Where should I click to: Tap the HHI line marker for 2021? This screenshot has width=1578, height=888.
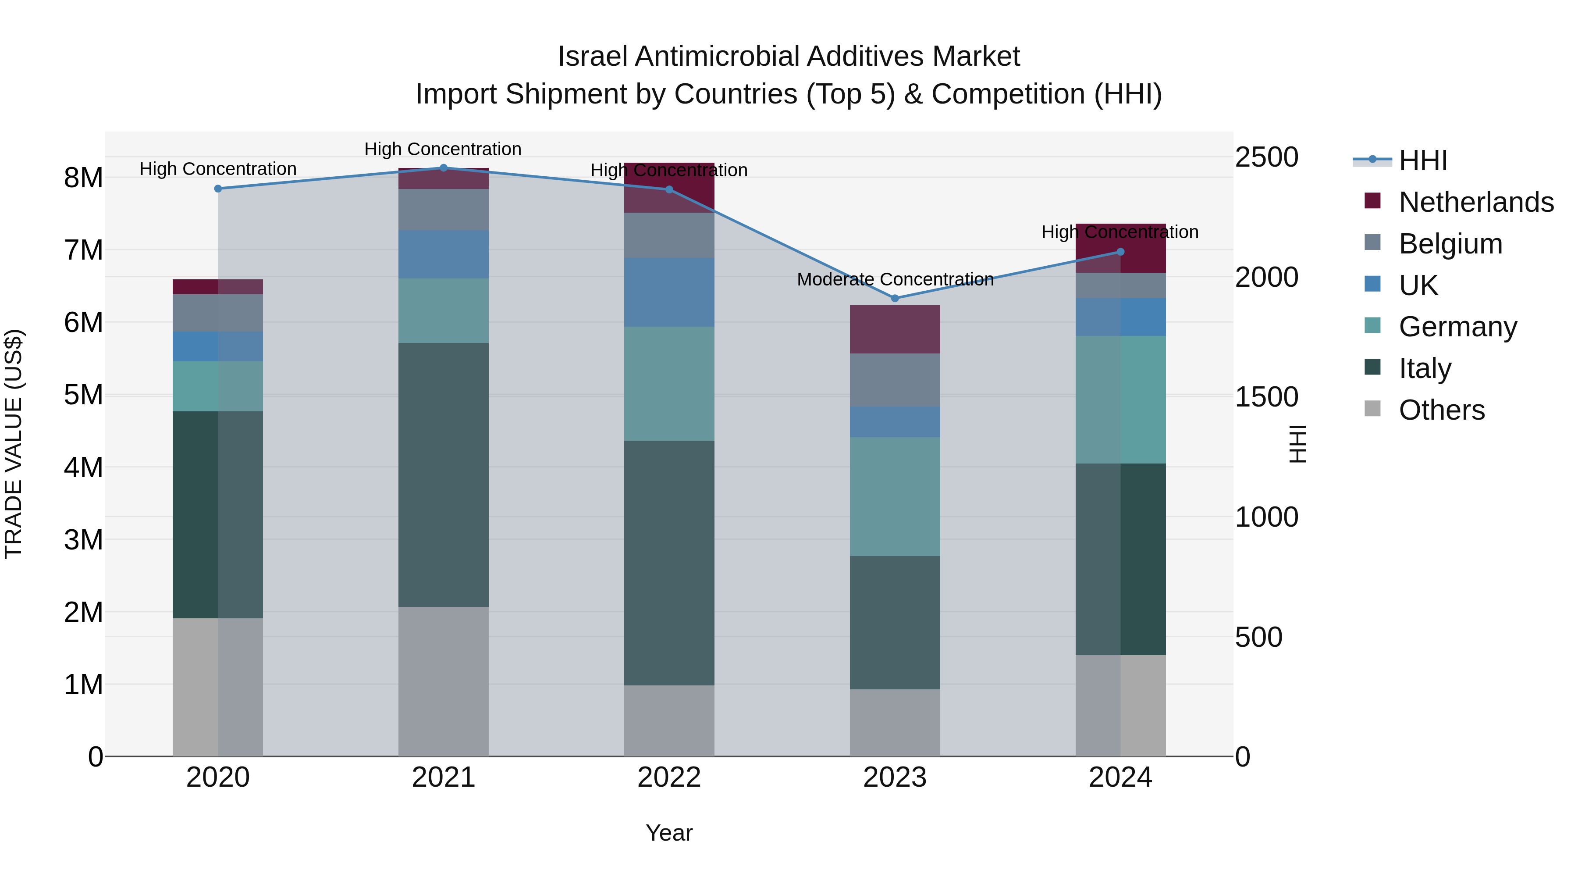[444, 168]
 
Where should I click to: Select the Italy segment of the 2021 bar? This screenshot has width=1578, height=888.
[444, 475]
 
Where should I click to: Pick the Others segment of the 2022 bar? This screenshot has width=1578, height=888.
[669, 720]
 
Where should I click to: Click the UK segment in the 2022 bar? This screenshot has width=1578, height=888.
[669, 292]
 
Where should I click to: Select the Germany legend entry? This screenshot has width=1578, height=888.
[1457, 327]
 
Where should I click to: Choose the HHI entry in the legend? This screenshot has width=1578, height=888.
[1422, 160]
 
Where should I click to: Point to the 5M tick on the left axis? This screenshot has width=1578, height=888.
[83, 395]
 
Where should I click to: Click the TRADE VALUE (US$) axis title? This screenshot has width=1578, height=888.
[14, 444]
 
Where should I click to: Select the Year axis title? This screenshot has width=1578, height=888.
[669, 833]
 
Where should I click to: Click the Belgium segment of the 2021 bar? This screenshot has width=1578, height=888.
[444, 210]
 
